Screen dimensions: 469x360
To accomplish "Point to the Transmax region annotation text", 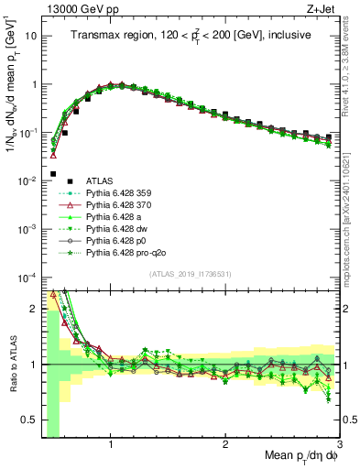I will point(191,35).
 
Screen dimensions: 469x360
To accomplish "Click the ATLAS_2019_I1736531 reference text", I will point(191,275).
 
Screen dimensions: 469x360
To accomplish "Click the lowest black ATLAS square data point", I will point(53,173).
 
